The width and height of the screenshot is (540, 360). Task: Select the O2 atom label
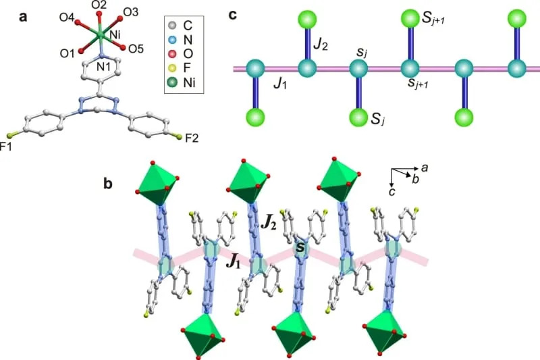tap(99, 6)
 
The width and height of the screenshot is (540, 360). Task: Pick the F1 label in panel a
tap(7, 146)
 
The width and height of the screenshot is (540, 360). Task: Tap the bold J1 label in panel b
tap(234, 261)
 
